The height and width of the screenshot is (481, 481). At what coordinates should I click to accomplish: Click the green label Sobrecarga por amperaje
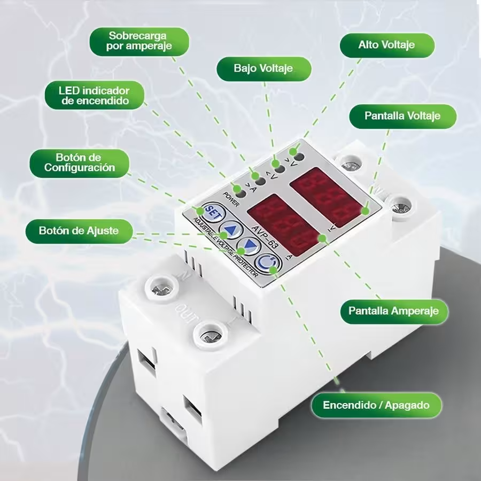point(140,42)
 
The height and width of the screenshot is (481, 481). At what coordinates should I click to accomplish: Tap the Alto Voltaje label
point(386,45)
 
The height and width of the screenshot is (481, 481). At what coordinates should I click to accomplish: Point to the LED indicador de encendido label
point(94,95)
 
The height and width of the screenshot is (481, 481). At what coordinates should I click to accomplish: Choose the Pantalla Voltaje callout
point(402,115)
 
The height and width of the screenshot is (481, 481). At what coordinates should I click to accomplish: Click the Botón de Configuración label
point(79,162)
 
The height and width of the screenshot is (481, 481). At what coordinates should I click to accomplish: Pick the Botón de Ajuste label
point(79,231)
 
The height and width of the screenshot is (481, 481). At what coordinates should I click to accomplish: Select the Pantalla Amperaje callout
point(393,311)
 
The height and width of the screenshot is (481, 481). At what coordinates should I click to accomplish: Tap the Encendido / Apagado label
point(376,405)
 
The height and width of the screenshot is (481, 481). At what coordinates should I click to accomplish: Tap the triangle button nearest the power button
point(249,247)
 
